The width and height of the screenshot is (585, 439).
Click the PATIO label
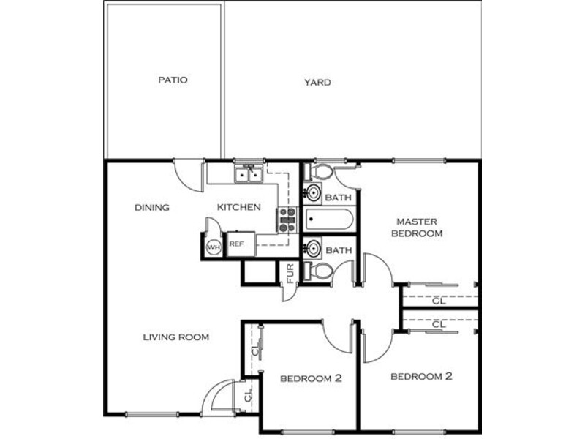click(x=173, y=80)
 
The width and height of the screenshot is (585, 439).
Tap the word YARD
click(x=317, y=83)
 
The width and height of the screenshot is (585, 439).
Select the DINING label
click(x=152, y=208)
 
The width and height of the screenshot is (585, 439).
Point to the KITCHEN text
click(x=239, y=207)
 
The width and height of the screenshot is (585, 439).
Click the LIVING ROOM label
click(x=176, y=337)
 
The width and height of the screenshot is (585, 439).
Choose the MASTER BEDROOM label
click(x=417, y=228)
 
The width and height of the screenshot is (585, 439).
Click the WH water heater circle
click(x=214, y=247)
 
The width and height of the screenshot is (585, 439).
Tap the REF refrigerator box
click(x=241, y=244)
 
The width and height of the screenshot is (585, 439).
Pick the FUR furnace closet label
click(x=290, y=273)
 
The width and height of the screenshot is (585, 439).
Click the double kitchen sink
click(x=249, y=174)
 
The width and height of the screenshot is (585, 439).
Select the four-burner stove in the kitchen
click(x=287, y=220)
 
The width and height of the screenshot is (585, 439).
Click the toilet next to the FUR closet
click(x=318, y=271)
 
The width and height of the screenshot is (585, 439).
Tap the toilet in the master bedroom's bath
click(x=318, y=172)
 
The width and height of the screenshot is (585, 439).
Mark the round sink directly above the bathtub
click(x=313, y=193)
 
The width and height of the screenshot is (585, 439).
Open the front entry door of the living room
click(x=217, y=397)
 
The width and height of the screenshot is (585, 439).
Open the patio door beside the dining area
click(x=189, y=176)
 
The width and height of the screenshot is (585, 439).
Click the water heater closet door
click(x=213, y=227)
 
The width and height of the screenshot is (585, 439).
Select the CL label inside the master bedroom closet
click(x=439, y=301)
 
